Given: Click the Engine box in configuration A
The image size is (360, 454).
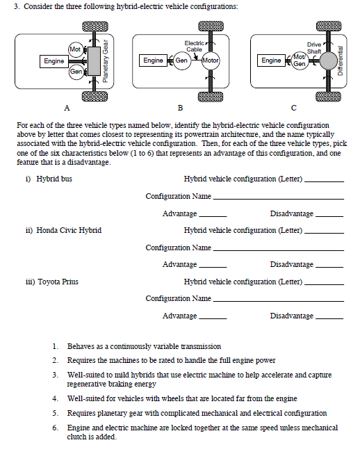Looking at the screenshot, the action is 54,61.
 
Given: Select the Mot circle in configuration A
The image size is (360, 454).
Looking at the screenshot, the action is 76,49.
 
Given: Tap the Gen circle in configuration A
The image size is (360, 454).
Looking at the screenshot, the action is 76,72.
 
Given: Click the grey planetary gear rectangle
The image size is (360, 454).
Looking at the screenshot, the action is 95,61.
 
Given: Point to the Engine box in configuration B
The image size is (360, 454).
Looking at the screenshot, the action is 153,60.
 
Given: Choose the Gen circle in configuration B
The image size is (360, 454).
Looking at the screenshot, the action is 182,60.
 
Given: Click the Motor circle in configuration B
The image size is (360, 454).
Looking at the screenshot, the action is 211,60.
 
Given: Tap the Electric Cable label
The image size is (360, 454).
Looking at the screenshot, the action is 194,47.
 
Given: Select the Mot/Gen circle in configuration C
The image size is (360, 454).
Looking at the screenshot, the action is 300,60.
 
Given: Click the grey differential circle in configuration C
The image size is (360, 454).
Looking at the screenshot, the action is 328,60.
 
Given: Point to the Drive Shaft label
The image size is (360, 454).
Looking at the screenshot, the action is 314,48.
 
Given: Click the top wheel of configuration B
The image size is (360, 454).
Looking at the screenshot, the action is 211,26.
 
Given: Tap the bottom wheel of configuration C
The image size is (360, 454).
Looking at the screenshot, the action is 328,97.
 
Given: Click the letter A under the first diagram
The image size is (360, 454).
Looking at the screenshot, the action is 67,108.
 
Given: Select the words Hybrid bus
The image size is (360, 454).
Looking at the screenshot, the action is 54,179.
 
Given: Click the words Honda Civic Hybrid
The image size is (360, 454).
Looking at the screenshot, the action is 69,230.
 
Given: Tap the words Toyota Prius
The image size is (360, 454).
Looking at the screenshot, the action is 58,282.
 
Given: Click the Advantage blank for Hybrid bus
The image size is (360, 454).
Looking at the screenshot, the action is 213,216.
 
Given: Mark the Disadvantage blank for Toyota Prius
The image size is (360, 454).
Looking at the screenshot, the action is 329,318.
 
